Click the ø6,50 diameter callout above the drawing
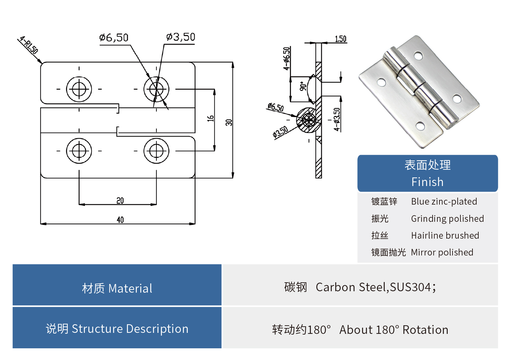point(113,37)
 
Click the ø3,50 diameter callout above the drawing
point(181,37)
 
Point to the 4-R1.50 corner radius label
point(29,45)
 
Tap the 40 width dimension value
point(120,220)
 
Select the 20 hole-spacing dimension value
point(120,200)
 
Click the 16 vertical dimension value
point(210,118)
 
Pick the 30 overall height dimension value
point(229,122)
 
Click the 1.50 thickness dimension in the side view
point(340,39)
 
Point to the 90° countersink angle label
point(303,86)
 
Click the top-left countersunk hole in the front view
point(79,89)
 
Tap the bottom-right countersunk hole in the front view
point(156,151)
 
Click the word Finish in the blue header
point(427,182)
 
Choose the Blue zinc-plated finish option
point(444,201)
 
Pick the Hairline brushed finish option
point(445,236)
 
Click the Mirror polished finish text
point(442,252)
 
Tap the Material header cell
point(117,288)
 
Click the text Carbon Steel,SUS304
point(373,287)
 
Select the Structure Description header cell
point(117,329)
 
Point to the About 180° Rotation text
point(394,330)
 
